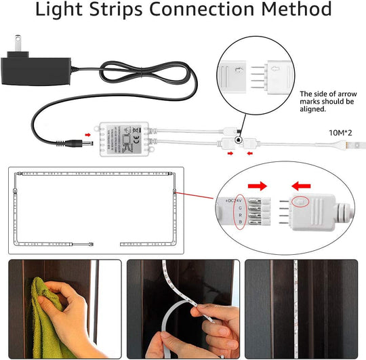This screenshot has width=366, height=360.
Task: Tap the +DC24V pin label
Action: (229, 201)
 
